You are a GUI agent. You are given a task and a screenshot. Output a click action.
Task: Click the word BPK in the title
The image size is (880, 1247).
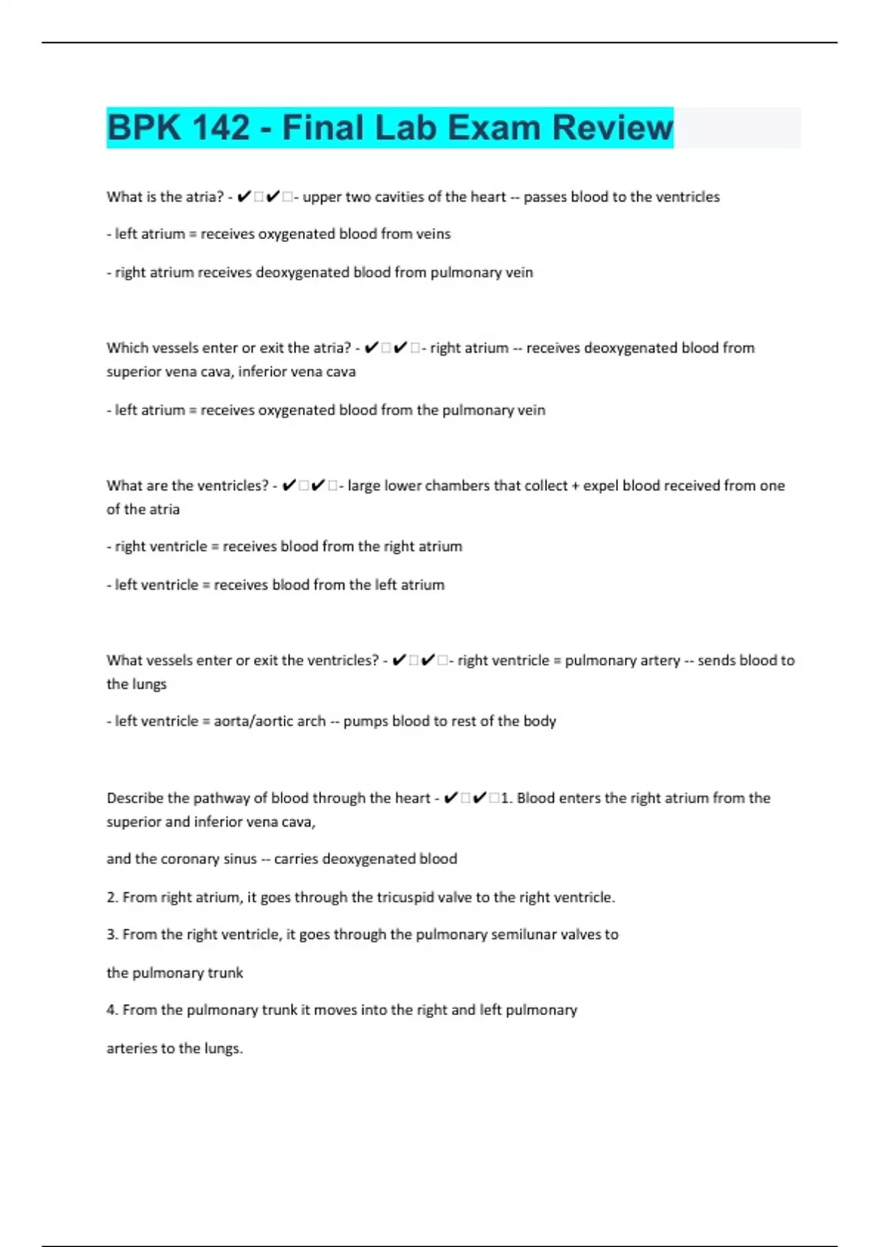pyautogui.click(x=144, y=128)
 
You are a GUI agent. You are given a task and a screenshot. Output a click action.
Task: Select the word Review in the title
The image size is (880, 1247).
pyautogui.click(x=612, y=128)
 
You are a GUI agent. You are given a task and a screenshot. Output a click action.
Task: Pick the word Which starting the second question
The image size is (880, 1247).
pyautogui.click(x=127, y=348)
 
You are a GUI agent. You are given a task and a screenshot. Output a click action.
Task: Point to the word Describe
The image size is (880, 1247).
pyautogui.click(x=135, y=798)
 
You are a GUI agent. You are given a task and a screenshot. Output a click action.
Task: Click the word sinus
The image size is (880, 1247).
pyautogui.click(x=240, y=859)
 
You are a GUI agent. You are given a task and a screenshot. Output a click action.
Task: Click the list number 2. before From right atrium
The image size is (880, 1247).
pyautogui.click(x=112, y=897)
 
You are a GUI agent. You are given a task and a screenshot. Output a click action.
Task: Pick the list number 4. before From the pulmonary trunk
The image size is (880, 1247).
pyautogui.click(x=112, y=1010)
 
